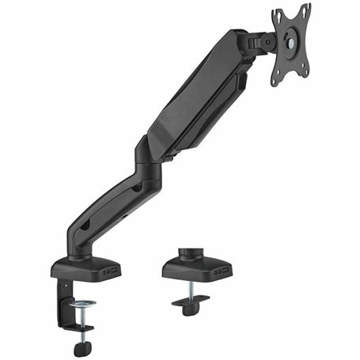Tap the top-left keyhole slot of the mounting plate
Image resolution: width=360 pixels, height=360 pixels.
(279, 17)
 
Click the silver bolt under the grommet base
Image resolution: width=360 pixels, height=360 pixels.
(192, 291)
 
